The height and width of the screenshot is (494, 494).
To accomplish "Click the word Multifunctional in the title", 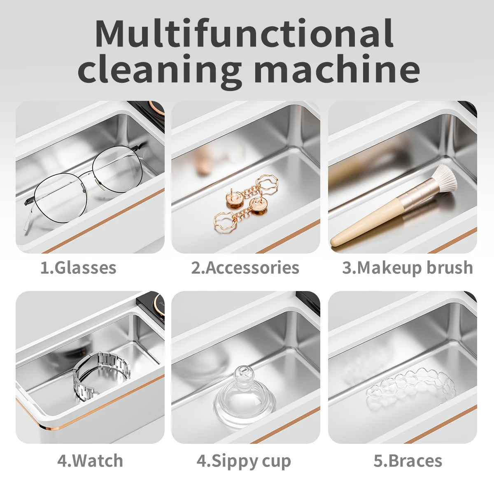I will click(244, 34).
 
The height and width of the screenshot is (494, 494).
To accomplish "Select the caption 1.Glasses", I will click(78, 268).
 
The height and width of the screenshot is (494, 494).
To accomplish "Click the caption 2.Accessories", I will click(245, 268).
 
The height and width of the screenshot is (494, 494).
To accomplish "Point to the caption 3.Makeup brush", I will click(408, 268).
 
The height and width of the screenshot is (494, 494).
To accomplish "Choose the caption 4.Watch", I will click(90, 461).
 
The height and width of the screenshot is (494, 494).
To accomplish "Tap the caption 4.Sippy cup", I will click(244, 461).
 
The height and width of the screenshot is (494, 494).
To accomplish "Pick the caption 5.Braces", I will click(408, 461).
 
